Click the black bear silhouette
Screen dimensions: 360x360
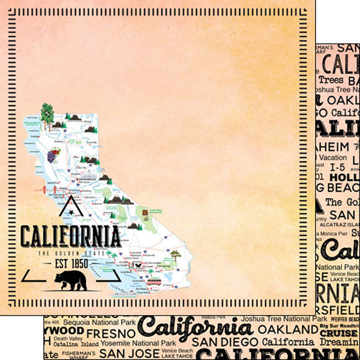pyautogui.click(x=70, y=280)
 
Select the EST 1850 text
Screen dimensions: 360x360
pyautogui.click(x=70, y=262)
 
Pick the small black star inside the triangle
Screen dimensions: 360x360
pyautogui.click(x=71, y=212)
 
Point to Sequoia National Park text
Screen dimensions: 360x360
pyautogui.click(x=100, y=320)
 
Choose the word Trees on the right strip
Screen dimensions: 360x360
pyautogui.click(x=331, y=80)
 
